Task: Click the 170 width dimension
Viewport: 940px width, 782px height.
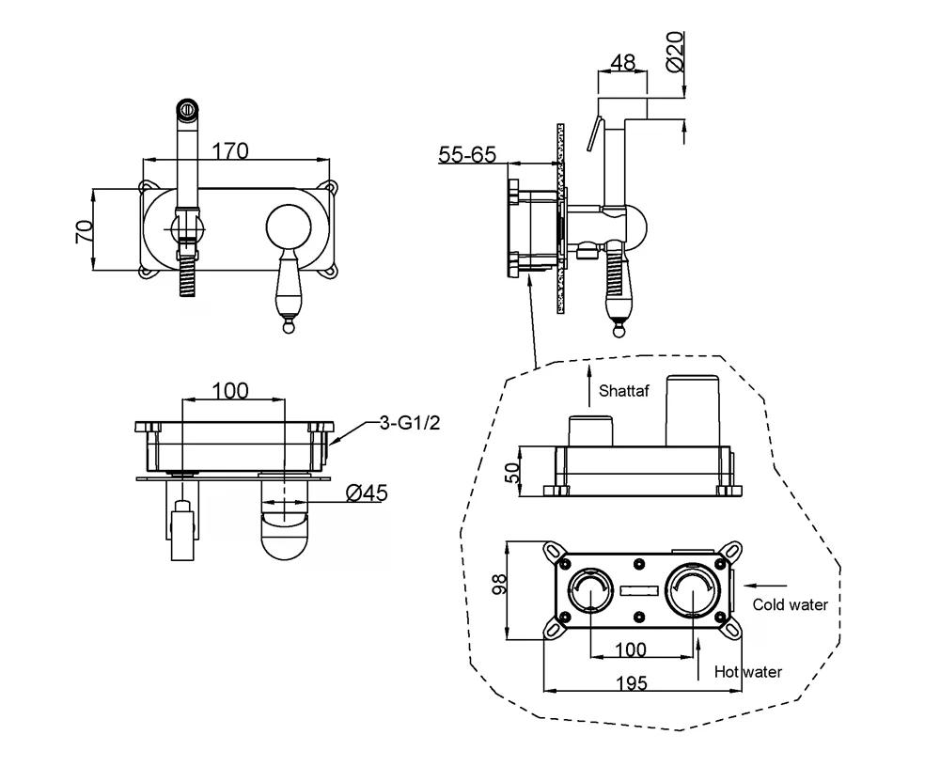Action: point(229,150)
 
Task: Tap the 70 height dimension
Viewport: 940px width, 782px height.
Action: point(85,230)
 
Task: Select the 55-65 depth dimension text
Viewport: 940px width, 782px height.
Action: point(467,154)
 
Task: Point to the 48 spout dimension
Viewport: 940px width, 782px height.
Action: point(622,63)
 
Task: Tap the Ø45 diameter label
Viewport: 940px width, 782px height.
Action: point(367,493)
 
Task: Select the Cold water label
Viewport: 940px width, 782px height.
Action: point(790,605)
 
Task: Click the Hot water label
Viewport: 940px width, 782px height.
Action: point(747,671)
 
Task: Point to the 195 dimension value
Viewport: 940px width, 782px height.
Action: point(634,683)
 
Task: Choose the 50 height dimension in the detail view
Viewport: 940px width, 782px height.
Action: point(513,472)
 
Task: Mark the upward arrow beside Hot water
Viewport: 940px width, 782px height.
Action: point(698,657)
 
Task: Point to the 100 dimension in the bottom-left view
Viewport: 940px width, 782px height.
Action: point(229,390)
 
